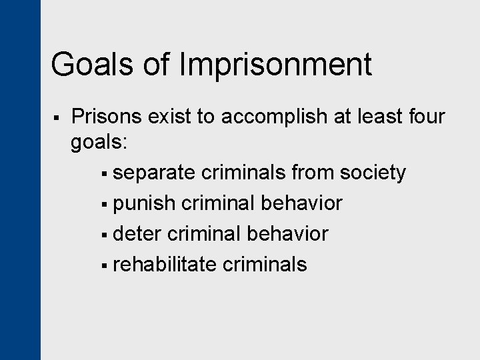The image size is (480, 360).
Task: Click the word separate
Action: tap(154, 173)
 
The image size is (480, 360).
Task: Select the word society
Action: tap(373, 173)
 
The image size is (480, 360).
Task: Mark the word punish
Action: tap(141, 203)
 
